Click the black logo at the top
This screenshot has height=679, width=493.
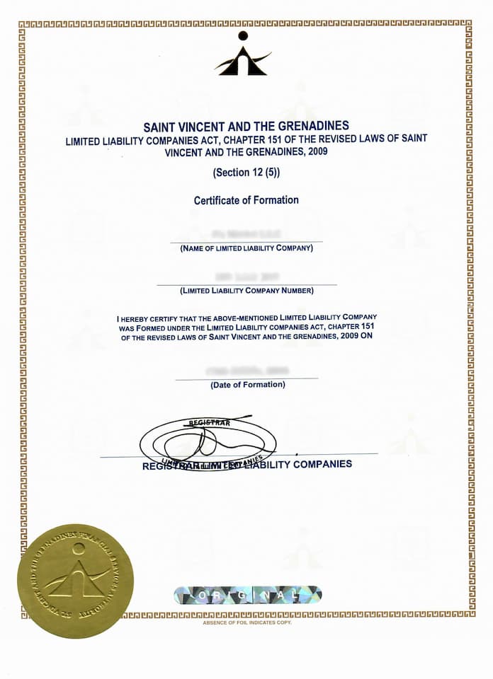pos(243,54)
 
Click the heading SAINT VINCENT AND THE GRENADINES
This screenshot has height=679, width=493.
pos(246,127)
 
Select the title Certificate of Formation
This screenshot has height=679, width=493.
pos(246,200)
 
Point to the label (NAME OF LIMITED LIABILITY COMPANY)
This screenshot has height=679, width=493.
pos(246,248)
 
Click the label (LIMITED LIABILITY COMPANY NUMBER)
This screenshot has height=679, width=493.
pos(246,291)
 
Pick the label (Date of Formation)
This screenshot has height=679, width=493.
pos(247,385)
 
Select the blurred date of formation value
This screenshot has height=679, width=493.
pos(247,370)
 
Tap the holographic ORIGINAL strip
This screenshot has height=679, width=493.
pos(247,594)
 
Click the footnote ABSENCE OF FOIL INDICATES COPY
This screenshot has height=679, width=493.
pos(246,622)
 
